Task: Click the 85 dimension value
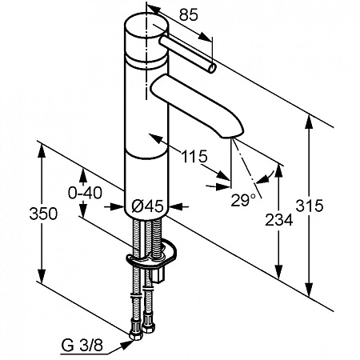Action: coord(189,15)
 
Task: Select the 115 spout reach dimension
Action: coord(194,156)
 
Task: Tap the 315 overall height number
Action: coord(310,206)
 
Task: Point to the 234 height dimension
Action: coord(279,220)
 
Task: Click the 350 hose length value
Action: coord(43,214)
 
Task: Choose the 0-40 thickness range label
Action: coord(85,193)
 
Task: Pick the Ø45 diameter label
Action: coord(147,206)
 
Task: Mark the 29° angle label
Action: coord(243,200)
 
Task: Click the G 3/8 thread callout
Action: coord(82,346)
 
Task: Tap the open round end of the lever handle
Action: coord(212,68)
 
